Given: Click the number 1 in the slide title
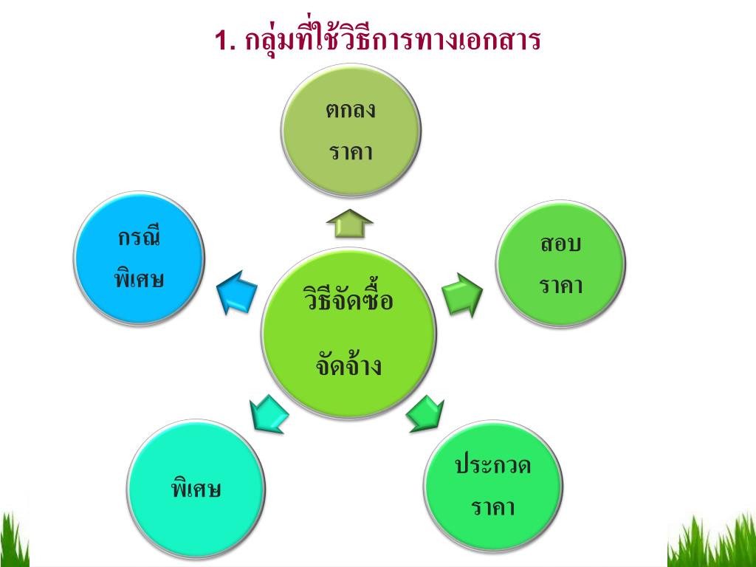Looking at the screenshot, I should tap(223, 41).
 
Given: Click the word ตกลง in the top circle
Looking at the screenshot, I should tap(351, 111).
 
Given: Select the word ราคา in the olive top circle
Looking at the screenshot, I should tap(351, 152).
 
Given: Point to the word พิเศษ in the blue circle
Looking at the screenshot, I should tap(139, 279).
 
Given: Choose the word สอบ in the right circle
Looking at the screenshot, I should tap(560, 244).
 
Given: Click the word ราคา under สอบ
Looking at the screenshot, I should tap(560, 285).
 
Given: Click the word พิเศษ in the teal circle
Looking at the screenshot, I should tap(196, 489).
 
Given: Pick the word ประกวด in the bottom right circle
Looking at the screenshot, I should tap(492, 466).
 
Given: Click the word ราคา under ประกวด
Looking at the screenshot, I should tap(492, 508).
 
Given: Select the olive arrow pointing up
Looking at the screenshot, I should tap(350, 222).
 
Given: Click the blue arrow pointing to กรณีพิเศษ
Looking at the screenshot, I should tap(237, 291).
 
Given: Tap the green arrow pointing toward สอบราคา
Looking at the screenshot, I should tap(463, 292).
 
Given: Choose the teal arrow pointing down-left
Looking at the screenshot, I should tap(267, 415).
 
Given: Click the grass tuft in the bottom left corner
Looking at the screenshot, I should tap(13, 540).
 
